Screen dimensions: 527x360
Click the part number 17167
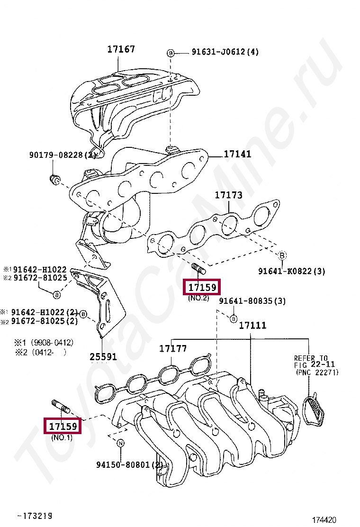(121, 49)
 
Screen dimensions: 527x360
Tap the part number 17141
(237, 154)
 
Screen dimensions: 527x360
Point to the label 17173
(228, 195)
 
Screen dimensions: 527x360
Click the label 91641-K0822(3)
(292, 271)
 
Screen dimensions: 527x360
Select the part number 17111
(252, 325)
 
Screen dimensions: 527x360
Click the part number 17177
(173, 349)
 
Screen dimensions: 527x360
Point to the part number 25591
(103, 357)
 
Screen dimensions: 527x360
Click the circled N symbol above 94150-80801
(120, 444)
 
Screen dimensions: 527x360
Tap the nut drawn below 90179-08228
(54, 179)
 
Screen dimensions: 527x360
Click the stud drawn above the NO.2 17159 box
(198, 270)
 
